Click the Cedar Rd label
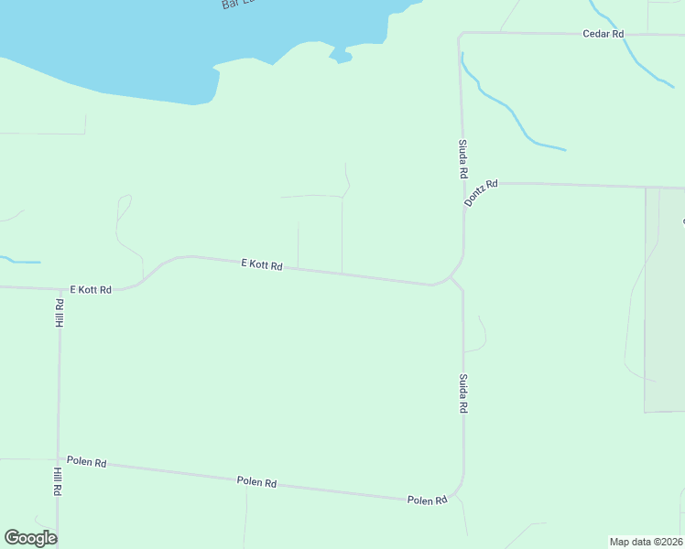[603, 34]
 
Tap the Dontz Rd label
[480, 192]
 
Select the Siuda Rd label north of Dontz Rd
[463, 159]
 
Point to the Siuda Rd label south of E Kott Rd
[463, 393]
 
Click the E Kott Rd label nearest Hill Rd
[90, 289]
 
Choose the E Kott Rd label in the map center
[262, 264]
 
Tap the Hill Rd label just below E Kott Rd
[59, 313]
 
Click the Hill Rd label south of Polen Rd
[57, 482]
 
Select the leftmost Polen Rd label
[87, 462]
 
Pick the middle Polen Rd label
[256, 481]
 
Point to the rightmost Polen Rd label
[427, 500]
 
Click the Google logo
[30, 538]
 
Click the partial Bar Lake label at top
[236, 5]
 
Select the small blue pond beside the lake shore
[342, 57]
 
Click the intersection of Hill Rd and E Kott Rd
[60, 289]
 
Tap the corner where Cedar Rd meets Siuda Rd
[460, 35]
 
